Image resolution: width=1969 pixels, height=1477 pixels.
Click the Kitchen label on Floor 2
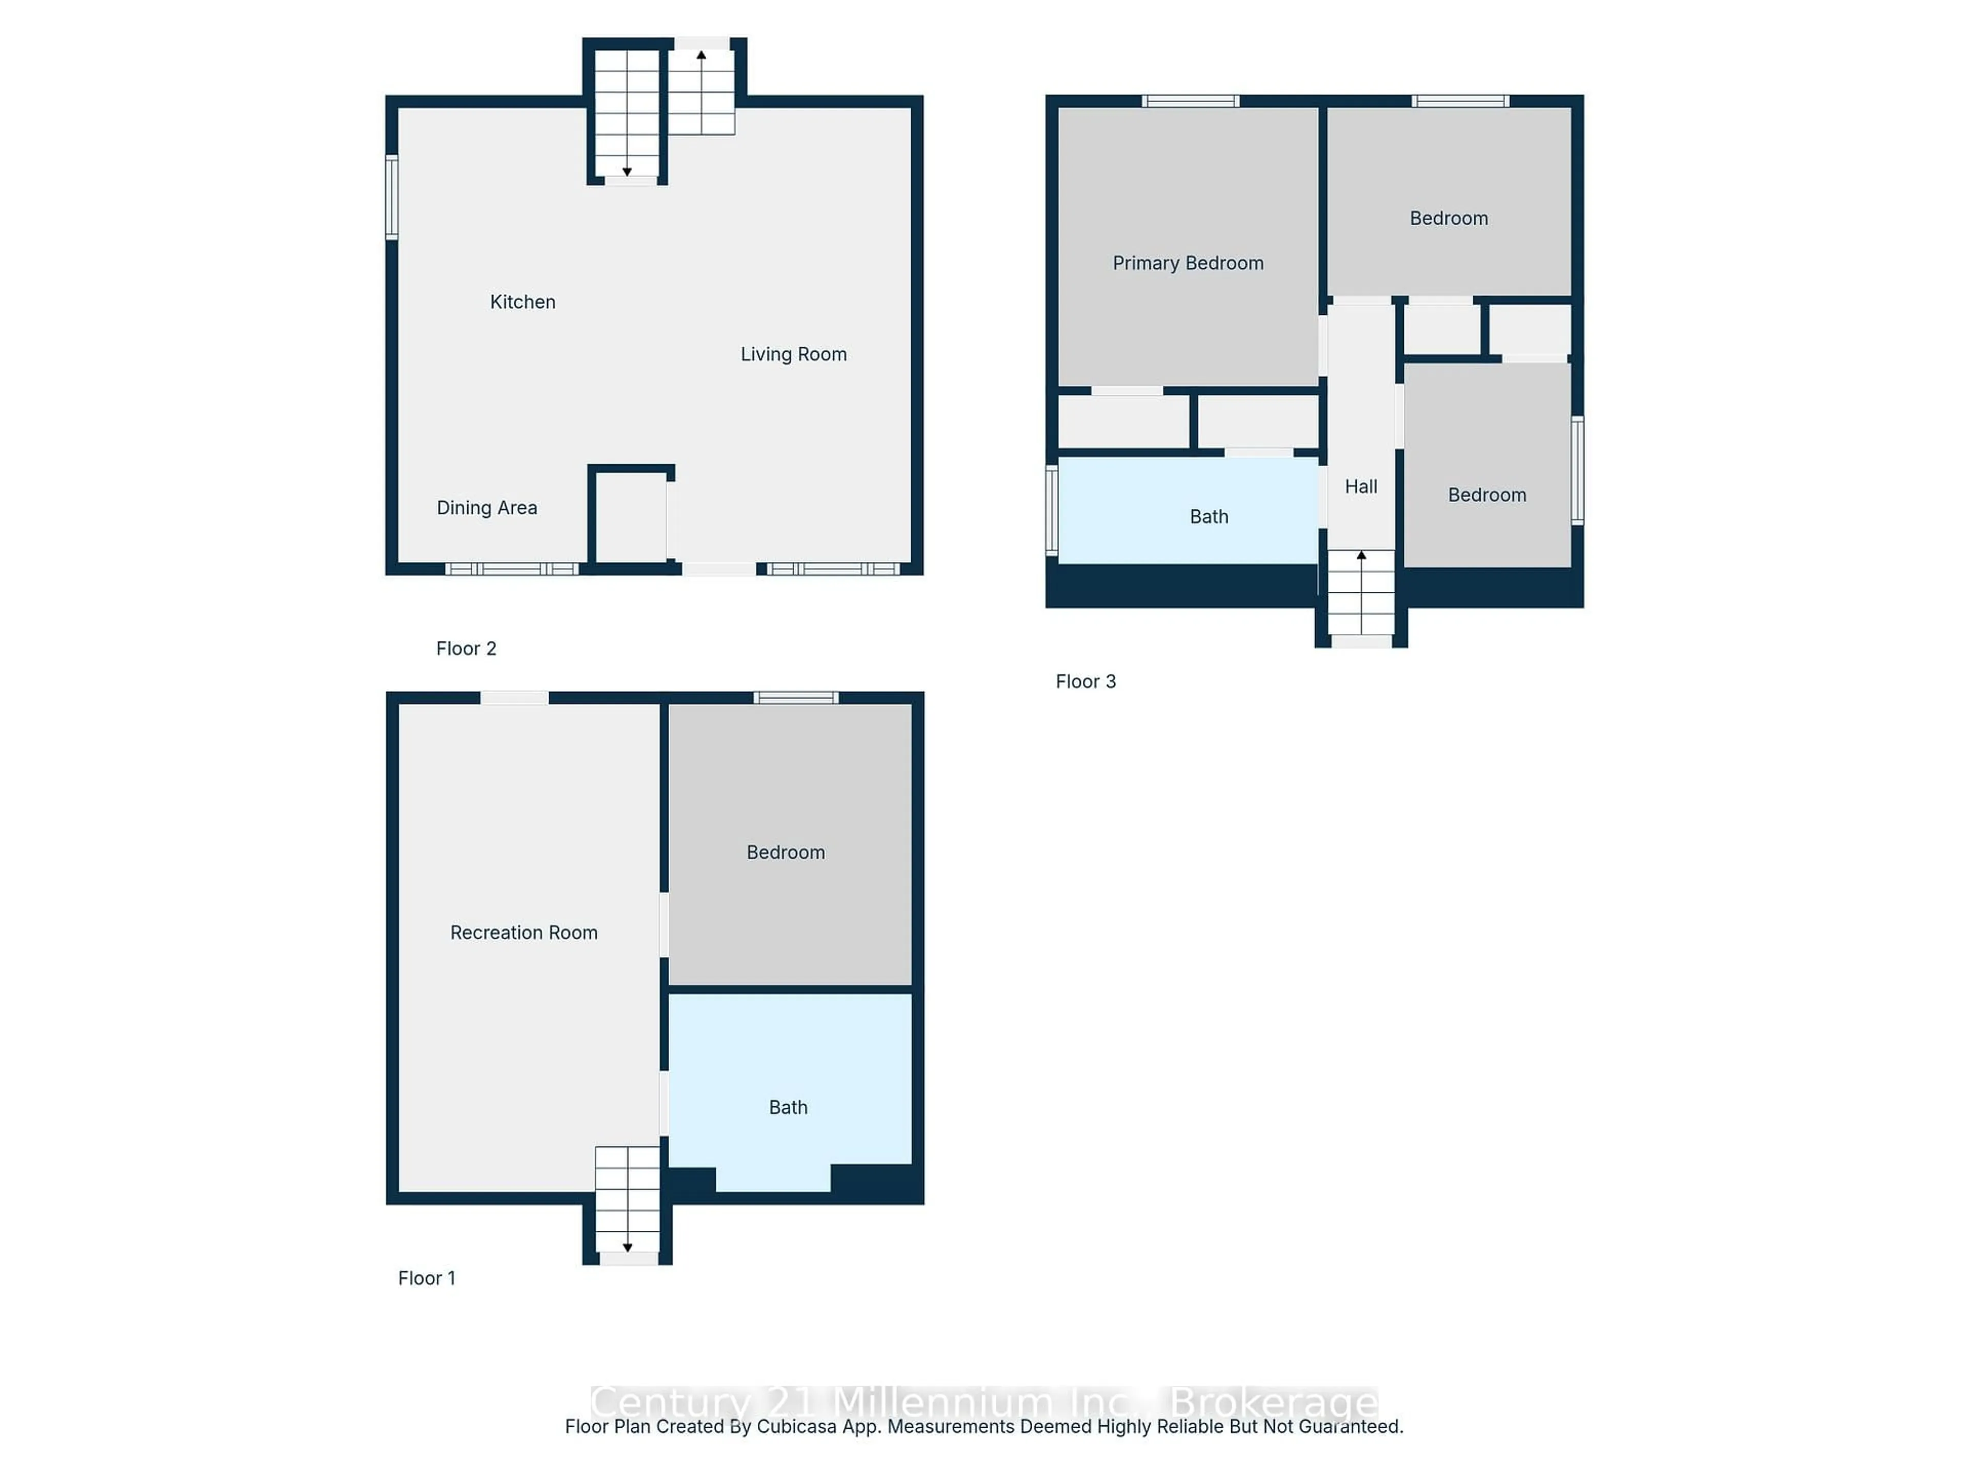tap(523, 302)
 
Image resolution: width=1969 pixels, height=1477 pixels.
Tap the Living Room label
tap(793, 354)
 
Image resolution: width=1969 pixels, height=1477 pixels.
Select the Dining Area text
tap(487, 508)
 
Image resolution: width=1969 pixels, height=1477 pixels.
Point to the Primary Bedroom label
tap(1188, 263)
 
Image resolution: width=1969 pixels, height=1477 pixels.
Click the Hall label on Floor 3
tap(1360, 486)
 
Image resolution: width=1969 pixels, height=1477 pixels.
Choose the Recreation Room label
tap(524, 932)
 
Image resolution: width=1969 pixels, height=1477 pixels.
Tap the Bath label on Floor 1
tap(788, 1107)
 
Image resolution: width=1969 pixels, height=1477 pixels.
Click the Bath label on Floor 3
tap(1208, 516)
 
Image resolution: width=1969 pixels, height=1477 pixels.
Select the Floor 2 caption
tap(466, 648)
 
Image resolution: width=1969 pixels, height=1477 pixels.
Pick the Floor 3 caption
tap(1085, 681)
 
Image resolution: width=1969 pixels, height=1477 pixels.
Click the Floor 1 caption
tap(427, 1278)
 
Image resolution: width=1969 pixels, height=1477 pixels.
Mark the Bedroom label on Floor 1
tap(785, 852)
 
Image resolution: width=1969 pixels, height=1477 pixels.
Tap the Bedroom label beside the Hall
tap(1486, 495)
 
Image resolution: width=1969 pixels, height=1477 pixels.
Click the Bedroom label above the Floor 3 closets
tap(1448, 218)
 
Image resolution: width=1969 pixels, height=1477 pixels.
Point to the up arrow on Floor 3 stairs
tap(1361, 555)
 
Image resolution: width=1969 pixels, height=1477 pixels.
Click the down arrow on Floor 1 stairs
tap(628, 1247)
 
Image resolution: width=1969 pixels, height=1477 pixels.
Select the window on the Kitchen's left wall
tap(392, 197)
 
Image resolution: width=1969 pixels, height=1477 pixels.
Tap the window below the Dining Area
tap(512, 569)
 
